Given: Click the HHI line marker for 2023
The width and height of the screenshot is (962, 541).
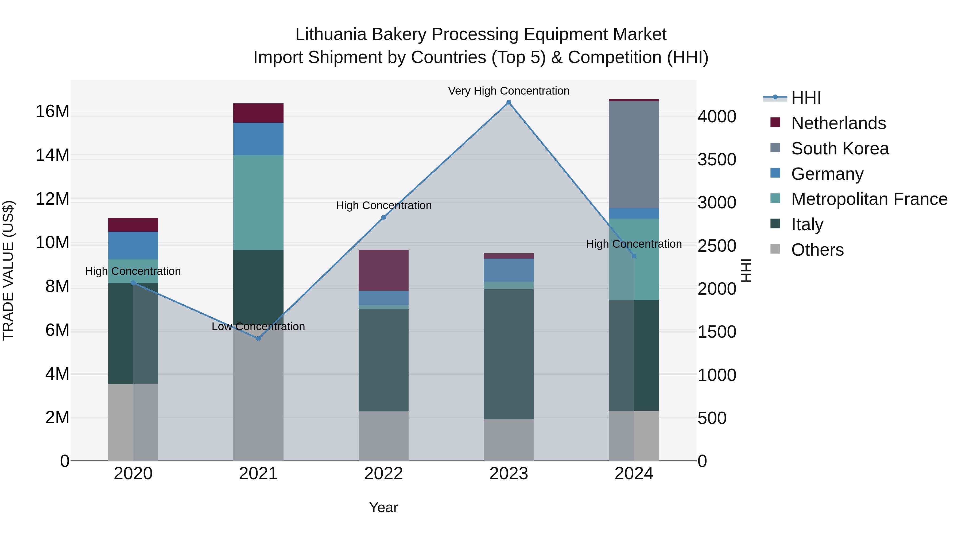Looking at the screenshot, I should (509, 102).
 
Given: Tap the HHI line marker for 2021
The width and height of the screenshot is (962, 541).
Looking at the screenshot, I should (258, 338).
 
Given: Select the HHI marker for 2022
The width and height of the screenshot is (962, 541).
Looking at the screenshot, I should (383, 217).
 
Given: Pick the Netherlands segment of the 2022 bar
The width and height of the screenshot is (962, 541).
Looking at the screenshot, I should (383, 270).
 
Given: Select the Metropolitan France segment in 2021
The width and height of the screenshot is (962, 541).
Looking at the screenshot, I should (258, 202).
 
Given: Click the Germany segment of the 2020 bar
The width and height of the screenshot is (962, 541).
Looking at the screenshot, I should (133, 245).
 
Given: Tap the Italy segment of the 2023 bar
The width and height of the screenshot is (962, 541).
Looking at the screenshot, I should (509, 353).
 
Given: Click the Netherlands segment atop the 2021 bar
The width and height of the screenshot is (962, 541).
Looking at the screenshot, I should (258, 113).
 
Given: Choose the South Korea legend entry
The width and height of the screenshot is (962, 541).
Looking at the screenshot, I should (840, 149).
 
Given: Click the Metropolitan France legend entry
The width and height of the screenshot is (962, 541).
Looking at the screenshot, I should (869, 199).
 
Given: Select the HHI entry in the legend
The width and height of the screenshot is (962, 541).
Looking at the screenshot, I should (806, 98).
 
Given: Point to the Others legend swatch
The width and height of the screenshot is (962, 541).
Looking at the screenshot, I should (775, 249).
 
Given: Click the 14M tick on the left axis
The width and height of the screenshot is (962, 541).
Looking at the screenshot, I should (52, 155).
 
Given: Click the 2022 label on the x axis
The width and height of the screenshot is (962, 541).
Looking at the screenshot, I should (383, 474).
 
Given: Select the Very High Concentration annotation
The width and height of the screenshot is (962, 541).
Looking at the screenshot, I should (509, 91).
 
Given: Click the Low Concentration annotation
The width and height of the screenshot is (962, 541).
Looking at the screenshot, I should (258, 326).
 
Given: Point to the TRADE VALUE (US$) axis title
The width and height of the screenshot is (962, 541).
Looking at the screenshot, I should (8, 270).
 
